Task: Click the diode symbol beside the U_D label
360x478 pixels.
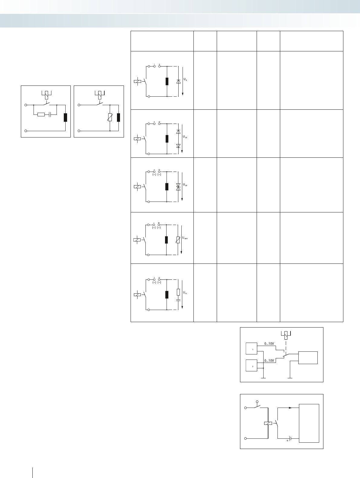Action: coord(178,81)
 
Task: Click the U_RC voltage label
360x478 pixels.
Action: coord(185,292)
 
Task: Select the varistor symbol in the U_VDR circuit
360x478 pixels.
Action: coord(178,240)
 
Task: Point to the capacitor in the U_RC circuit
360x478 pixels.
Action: coord(178,300)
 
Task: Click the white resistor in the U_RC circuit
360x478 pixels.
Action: coord(178,292)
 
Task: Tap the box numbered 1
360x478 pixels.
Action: coord(251,348)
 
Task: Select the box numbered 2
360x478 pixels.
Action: coord(251,366)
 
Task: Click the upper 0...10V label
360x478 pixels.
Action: coord(269,344)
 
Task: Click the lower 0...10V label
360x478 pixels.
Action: coord(269,360)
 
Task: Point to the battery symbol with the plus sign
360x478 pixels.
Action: coord(290,438)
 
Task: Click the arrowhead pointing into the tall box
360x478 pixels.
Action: coord(290,408)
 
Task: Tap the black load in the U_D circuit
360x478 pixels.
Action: coord(167,81)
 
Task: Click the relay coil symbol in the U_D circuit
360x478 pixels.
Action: coord(137,81)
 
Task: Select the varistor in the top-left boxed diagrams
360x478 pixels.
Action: coord(110,117)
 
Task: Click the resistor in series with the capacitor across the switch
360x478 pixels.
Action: coord(41,115)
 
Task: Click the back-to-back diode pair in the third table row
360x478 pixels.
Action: coord(178,186)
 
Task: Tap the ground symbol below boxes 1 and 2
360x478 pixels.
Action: coord(264,378)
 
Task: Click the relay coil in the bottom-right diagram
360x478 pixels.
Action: coord(268,423)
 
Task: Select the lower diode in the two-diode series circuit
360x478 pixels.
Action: coord(178,146)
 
